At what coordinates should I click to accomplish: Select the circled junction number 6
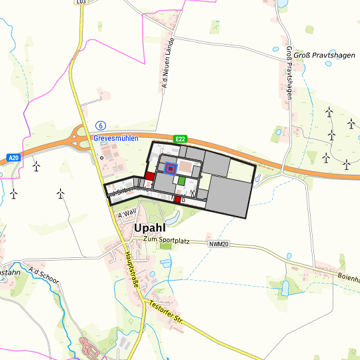point(101,125)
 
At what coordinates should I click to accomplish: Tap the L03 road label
point(81,2)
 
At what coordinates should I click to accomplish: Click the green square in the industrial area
point(181,181)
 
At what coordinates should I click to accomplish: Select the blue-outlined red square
point(171,169)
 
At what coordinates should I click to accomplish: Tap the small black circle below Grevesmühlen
point(101,158)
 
